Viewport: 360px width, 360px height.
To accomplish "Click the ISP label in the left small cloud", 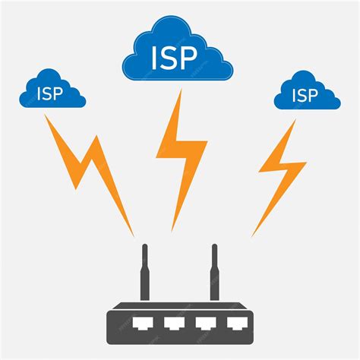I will tap(51, 95).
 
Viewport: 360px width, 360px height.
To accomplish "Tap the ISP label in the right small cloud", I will tap(305, 96).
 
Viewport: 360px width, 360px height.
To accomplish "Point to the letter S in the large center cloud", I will tap(174, 58).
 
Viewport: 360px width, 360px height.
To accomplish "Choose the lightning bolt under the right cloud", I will tap(281, 171).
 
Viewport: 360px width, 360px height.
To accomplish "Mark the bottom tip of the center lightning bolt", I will tap(174, 228).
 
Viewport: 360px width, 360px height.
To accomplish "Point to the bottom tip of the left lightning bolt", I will tap(133, 234).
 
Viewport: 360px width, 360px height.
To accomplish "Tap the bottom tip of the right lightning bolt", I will tap(254, 234).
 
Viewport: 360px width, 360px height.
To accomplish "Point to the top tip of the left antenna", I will tap(145, 247).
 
